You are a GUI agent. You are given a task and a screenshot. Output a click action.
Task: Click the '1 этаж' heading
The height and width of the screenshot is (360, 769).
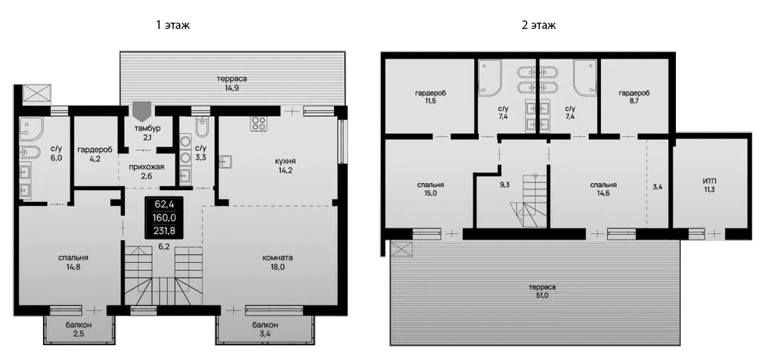point(173,25)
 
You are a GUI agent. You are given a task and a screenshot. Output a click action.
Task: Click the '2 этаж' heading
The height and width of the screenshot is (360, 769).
point(538,25)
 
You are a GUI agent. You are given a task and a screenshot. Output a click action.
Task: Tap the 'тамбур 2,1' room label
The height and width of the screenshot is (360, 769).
point(148,133)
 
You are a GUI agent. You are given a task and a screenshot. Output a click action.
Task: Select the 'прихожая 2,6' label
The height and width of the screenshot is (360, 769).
point(146,171)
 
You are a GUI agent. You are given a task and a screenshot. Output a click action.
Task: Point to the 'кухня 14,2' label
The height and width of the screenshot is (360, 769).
point(285,166)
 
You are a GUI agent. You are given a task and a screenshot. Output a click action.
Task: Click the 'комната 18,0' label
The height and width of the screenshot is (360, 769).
point(278,262)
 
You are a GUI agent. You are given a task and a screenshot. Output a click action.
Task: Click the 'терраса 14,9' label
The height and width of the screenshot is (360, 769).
point(232,84)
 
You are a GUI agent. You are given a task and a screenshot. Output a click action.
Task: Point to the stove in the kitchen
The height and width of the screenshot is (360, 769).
point(257,124)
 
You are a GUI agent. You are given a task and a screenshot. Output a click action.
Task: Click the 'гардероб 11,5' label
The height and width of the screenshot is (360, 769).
point(430,98)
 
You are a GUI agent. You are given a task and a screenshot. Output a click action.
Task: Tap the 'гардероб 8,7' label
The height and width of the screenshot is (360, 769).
point(634,98)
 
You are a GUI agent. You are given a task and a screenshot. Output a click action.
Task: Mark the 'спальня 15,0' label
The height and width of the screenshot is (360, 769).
point(430,191)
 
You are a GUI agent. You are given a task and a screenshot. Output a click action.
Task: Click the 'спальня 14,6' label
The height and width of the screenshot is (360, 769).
point(604,191)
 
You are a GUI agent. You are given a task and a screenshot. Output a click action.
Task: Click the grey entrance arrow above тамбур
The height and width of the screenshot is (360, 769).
point(142,110)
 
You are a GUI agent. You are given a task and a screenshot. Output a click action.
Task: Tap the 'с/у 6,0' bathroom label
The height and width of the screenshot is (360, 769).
point(56,153)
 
